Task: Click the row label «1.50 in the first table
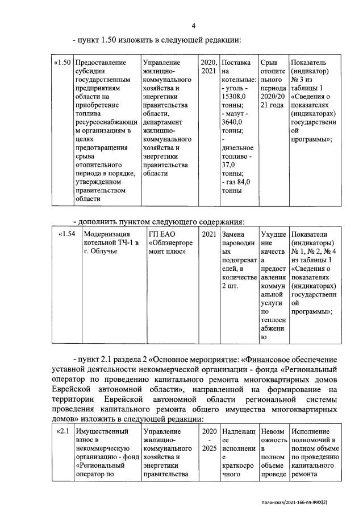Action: pos(62,62)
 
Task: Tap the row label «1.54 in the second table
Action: pos(68,234)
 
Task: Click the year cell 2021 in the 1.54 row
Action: pos(208,234)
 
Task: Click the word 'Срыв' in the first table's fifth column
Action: pos(268,62)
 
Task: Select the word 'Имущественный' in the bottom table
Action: pos(103,432)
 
